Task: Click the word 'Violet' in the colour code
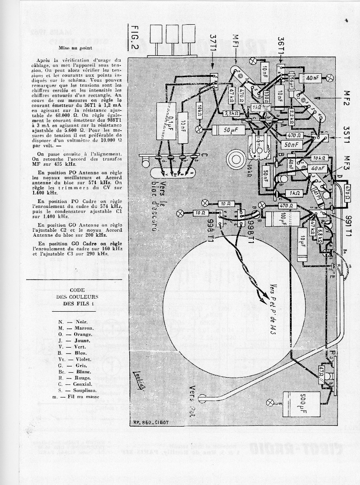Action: point(83,359)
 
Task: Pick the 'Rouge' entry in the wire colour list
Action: point(82,378)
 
